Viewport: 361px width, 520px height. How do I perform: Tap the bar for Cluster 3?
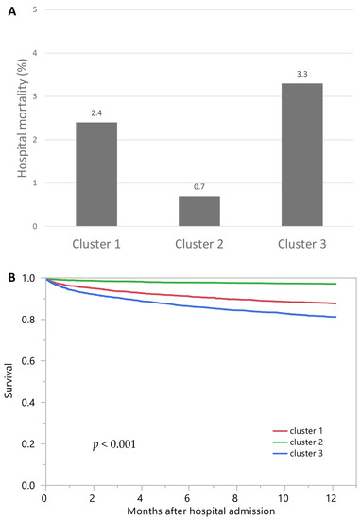tap(301, 155)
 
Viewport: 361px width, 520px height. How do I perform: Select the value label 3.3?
tap(301, 74)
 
